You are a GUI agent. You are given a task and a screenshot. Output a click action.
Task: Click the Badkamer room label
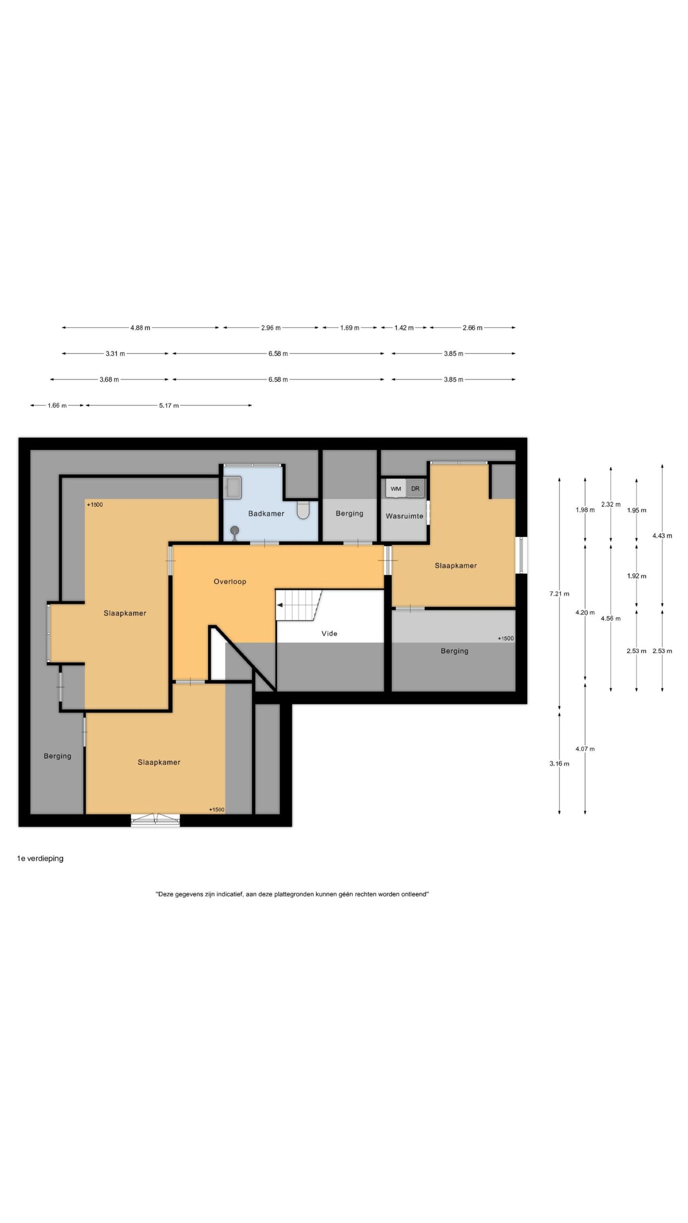pos(266,514)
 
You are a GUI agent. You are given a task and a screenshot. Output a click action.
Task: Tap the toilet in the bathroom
pos(303,510)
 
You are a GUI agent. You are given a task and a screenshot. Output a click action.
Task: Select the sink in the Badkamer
pos(233,488)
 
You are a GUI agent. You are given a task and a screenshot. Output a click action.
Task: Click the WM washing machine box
pos(396,489)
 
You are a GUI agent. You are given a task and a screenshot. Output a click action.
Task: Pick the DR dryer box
pos(415,489)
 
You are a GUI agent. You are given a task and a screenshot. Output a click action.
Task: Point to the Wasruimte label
pos(405,516)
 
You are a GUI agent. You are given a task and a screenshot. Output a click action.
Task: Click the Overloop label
pos(230,581)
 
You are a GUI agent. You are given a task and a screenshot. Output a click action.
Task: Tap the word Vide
pos(329,633)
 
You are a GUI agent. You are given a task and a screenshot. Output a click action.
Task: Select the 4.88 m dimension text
pos(140,328)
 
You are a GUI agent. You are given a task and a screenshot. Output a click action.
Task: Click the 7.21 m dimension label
pos(559,594)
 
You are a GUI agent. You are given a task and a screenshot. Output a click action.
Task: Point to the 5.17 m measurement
pos(169,406)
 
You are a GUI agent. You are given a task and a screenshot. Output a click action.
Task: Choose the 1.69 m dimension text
pos(350,328)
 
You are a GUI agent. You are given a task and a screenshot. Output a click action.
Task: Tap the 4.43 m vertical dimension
pos(662,536)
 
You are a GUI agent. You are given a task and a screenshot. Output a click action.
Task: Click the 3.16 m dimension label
pos(559,763)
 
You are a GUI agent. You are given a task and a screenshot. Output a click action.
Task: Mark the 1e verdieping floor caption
pos(40,858)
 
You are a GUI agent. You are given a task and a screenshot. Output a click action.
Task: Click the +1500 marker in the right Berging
pos(505,638)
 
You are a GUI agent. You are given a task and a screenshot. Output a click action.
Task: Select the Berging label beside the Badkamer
pos(349,514)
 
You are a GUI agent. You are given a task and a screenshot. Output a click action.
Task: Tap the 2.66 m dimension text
pos(473,328)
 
